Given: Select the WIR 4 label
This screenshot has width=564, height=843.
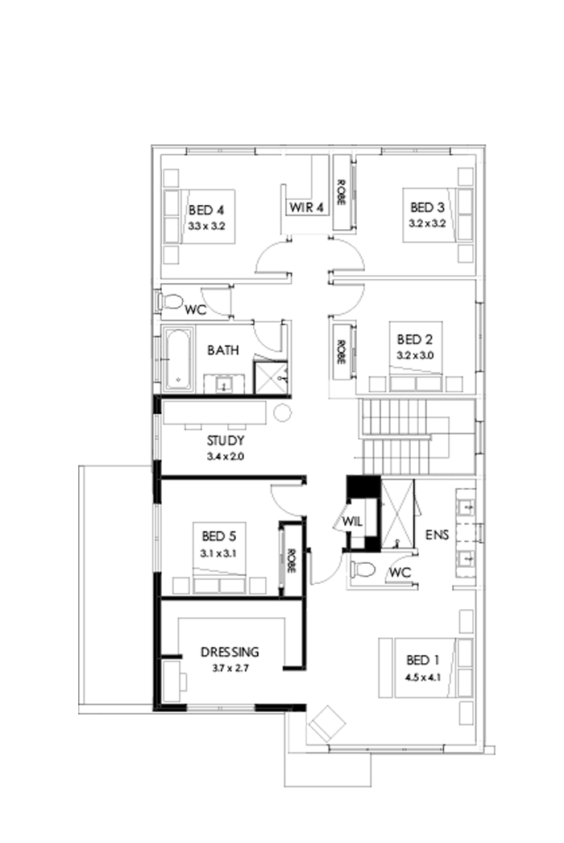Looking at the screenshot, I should coord(306,207).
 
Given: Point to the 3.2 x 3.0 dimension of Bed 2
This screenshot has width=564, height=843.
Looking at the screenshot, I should coord(415,354).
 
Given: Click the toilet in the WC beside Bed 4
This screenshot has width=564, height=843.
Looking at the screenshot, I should coord(171,303).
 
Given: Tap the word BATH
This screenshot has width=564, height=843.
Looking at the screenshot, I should coord(222,351).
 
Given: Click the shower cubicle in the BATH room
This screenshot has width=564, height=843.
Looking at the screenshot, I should coord(272,377).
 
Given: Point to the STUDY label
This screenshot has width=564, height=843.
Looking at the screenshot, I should coord(225,441).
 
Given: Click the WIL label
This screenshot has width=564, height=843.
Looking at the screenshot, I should coord(351,522).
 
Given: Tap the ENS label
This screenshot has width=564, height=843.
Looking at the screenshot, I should coord(437,536).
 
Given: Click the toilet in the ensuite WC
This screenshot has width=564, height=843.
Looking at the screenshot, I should coord(363,570).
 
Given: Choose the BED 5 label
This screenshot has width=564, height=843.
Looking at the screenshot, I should coord(218,536).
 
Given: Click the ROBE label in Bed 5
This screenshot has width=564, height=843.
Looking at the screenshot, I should coord(288,561).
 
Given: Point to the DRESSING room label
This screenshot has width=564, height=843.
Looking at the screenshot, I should coord(230,652).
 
